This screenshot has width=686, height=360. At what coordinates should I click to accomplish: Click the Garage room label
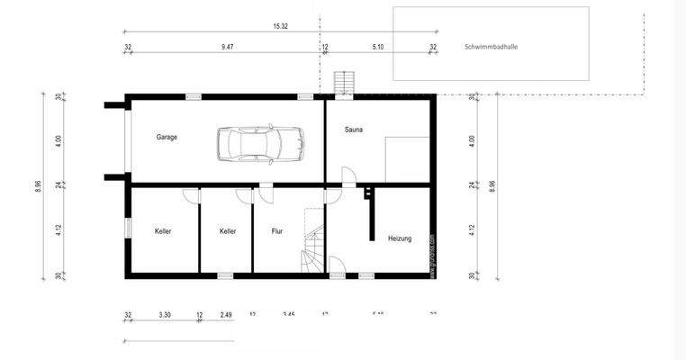[x=167, y=138]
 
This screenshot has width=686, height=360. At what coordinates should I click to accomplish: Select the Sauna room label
[x=354, y=130]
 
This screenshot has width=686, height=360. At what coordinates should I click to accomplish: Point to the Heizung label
[x=400, y=238]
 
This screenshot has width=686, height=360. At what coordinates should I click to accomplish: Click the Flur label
[x=277, y=231]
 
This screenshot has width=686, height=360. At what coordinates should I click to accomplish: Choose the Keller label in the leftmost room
[x=163, y=231]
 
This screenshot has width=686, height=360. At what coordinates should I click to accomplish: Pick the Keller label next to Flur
[x=228, y=231]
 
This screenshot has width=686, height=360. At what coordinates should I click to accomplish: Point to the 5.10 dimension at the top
[x=378, y=47]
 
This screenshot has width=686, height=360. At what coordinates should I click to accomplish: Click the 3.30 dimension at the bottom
[x=165, y=315]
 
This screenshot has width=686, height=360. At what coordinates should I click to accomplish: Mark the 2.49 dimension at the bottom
[x=225, y=315]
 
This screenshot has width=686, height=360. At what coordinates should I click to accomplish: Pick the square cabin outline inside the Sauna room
[x=406, y=158]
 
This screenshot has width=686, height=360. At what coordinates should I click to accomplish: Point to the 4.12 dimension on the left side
[x=58, y=229]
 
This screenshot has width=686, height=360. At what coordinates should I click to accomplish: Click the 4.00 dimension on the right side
[x=472, y=140]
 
